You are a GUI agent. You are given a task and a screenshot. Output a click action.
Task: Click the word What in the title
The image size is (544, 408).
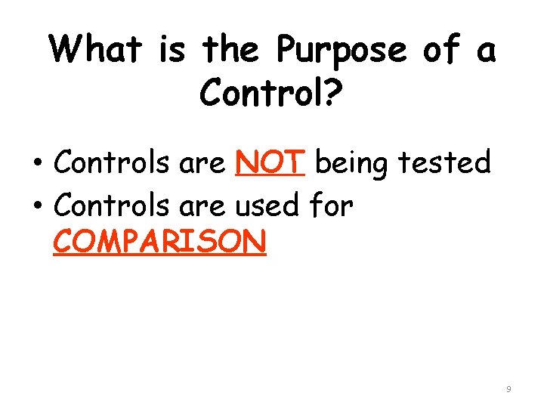tap(96, 51)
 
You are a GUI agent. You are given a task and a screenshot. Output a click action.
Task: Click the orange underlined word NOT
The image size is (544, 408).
tap(270, 162)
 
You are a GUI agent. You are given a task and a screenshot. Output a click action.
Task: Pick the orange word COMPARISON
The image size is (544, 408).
tap(159, 243)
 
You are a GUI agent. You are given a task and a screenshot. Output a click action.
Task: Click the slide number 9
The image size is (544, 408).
tap(508, 388)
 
